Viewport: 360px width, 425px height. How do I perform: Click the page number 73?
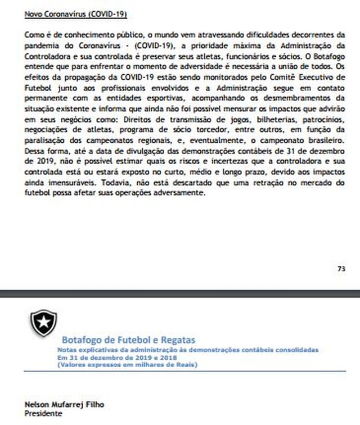coord(341,269)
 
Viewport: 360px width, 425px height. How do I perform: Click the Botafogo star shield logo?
coord(43,323)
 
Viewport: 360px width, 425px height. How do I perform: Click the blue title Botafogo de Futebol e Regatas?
coord(128,340)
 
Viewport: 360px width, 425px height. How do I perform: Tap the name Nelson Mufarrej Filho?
coord(65,405)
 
